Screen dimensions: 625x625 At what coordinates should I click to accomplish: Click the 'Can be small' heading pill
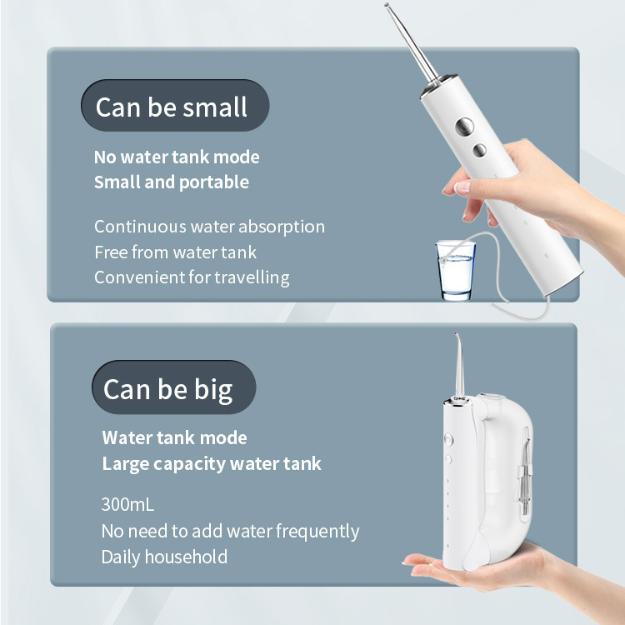coord(175,106)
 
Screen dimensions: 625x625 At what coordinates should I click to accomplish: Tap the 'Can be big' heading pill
coord(174,387)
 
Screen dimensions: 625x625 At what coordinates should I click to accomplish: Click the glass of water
coord(456,270)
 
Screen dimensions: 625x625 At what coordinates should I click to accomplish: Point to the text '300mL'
coord(127,505)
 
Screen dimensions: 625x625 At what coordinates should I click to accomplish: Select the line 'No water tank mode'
coord(177,157)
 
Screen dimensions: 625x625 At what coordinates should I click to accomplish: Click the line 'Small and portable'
coord(172,182)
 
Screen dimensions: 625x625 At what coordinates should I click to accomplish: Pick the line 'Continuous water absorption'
coord(209,227)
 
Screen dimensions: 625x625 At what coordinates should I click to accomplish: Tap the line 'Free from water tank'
coord(175,252)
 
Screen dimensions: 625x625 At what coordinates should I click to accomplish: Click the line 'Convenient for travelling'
coord(192,277)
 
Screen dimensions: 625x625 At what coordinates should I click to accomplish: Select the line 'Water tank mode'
coord(175,437)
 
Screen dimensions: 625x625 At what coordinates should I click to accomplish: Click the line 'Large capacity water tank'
coord(212,464)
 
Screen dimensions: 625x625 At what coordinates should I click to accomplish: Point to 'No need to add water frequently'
coord(230,532)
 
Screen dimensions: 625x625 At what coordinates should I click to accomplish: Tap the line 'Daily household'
coord(164,557)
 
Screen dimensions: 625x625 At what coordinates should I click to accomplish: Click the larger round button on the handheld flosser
coord(464,127)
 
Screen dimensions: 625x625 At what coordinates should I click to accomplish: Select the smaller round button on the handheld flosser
coord(479,150)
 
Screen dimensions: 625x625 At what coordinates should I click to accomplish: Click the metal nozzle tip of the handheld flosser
coord(387,5)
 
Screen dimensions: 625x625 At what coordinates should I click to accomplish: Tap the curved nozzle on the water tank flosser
coord(459,365)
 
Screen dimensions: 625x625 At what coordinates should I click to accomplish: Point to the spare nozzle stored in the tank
coord(524,477)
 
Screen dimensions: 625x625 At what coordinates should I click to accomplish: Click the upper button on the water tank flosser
coord(448,440)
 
